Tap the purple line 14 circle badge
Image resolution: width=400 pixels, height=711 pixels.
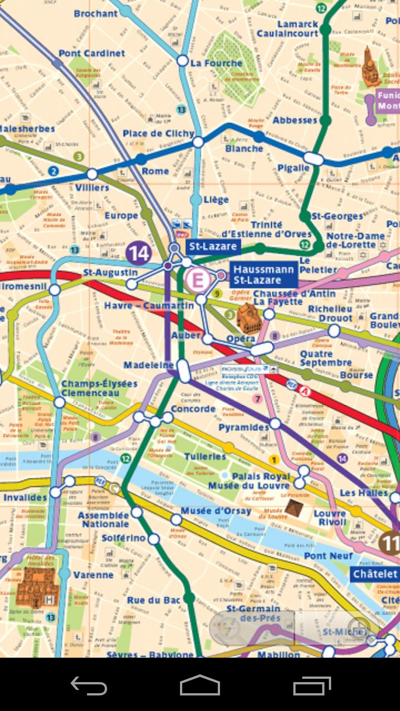coord(138,253)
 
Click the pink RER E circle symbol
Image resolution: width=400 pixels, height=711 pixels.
coord(196,281)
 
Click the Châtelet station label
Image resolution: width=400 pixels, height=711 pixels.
coord(376,574)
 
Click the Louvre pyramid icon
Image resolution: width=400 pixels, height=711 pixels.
coord(293,506)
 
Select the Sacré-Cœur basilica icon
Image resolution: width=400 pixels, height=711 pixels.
coord(368,66)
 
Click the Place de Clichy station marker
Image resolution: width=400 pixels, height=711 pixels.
coord(198,142)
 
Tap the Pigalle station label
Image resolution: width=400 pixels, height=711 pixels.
coord(293,168)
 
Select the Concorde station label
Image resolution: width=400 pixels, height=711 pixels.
coord(193,409)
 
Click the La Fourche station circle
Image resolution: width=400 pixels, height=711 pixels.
coord(182,61)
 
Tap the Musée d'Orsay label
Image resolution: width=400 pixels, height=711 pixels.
coord(209,510)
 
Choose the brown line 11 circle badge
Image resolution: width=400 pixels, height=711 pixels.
coord(391,542)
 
